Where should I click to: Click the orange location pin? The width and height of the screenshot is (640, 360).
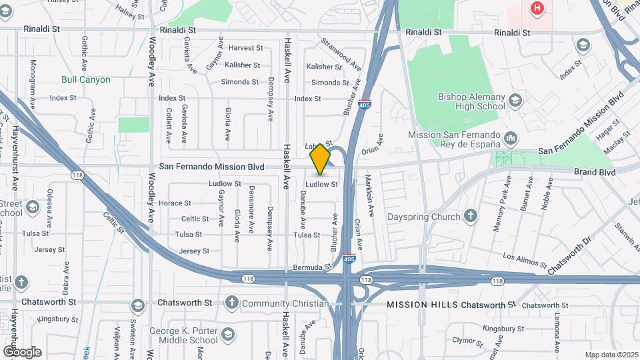point(320,159)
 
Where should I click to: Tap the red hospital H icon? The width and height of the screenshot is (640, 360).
point(537,8)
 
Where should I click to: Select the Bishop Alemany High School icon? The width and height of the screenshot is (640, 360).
point(515,101)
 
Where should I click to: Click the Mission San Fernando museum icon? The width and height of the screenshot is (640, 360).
point(511,139)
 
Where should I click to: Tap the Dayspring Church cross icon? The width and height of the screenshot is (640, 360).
point(471,216)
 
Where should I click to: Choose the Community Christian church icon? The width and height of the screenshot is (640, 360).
point(231,303)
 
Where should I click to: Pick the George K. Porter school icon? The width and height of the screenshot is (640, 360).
point(227,335)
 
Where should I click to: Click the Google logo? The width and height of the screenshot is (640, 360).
point(22,352)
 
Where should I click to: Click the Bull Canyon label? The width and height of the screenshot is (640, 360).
point(85,79)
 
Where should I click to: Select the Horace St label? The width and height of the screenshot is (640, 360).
point(175,203)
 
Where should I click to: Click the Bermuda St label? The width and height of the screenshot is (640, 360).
point(312,267)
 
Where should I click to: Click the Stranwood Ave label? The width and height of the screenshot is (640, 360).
point(341,55)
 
